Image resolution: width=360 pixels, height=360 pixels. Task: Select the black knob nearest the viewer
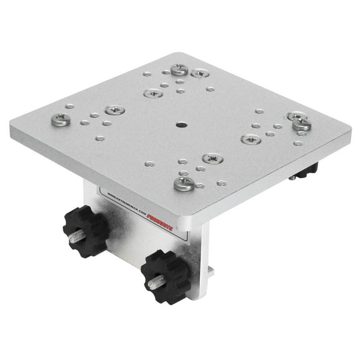click(165, 274)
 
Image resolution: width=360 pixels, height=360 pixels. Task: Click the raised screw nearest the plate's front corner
click(184, 183)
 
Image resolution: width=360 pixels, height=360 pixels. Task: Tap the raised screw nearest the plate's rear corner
click(179, 69)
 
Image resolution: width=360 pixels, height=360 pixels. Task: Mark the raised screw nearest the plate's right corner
click(301, 124)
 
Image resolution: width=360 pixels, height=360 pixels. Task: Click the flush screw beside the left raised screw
click(114, 110)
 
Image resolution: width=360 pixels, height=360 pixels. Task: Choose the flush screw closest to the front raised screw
click(212, 159)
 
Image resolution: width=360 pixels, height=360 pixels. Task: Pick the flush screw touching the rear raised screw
click(199, 73)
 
